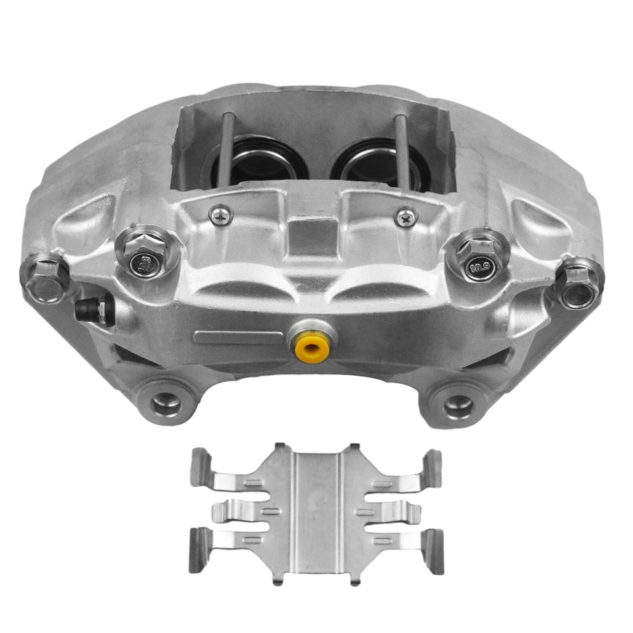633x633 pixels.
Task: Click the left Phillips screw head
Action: (220, 214)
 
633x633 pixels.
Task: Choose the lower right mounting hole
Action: (458, 406)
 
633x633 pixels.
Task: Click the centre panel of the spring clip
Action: (316, 511)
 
